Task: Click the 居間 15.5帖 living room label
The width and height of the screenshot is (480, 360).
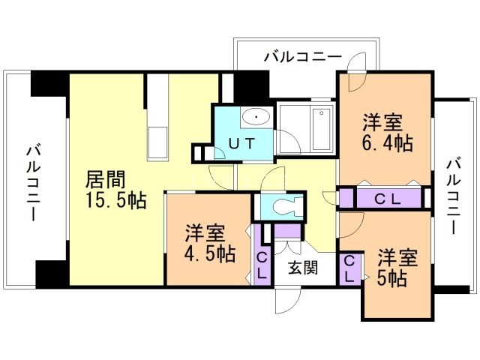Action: click(114, 190)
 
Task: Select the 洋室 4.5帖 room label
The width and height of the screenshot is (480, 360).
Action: click(209, 244)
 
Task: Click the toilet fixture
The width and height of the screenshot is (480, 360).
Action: click(286, 205)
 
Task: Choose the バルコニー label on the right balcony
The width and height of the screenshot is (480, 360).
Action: click(453, 196)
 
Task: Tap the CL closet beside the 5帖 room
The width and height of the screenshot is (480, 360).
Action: click(349, 268)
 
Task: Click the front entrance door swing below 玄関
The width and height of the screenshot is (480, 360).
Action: click(287, 300)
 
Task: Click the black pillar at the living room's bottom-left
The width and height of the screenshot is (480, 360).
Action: click(51, 273)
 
